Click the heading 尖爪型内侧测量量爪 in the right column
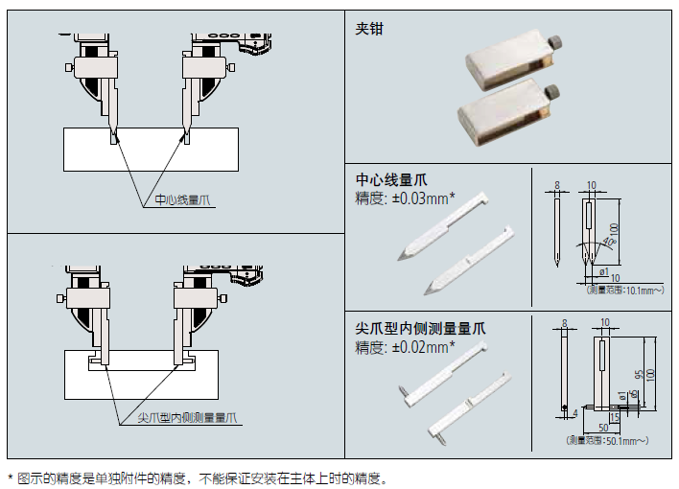(x=420, y=328)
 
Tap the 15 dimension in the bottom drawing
(x=613, y=416)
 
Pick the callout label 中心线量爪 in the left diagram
(x=182, y=201)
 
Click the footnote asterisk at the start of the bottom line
(x=11, y=477)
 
